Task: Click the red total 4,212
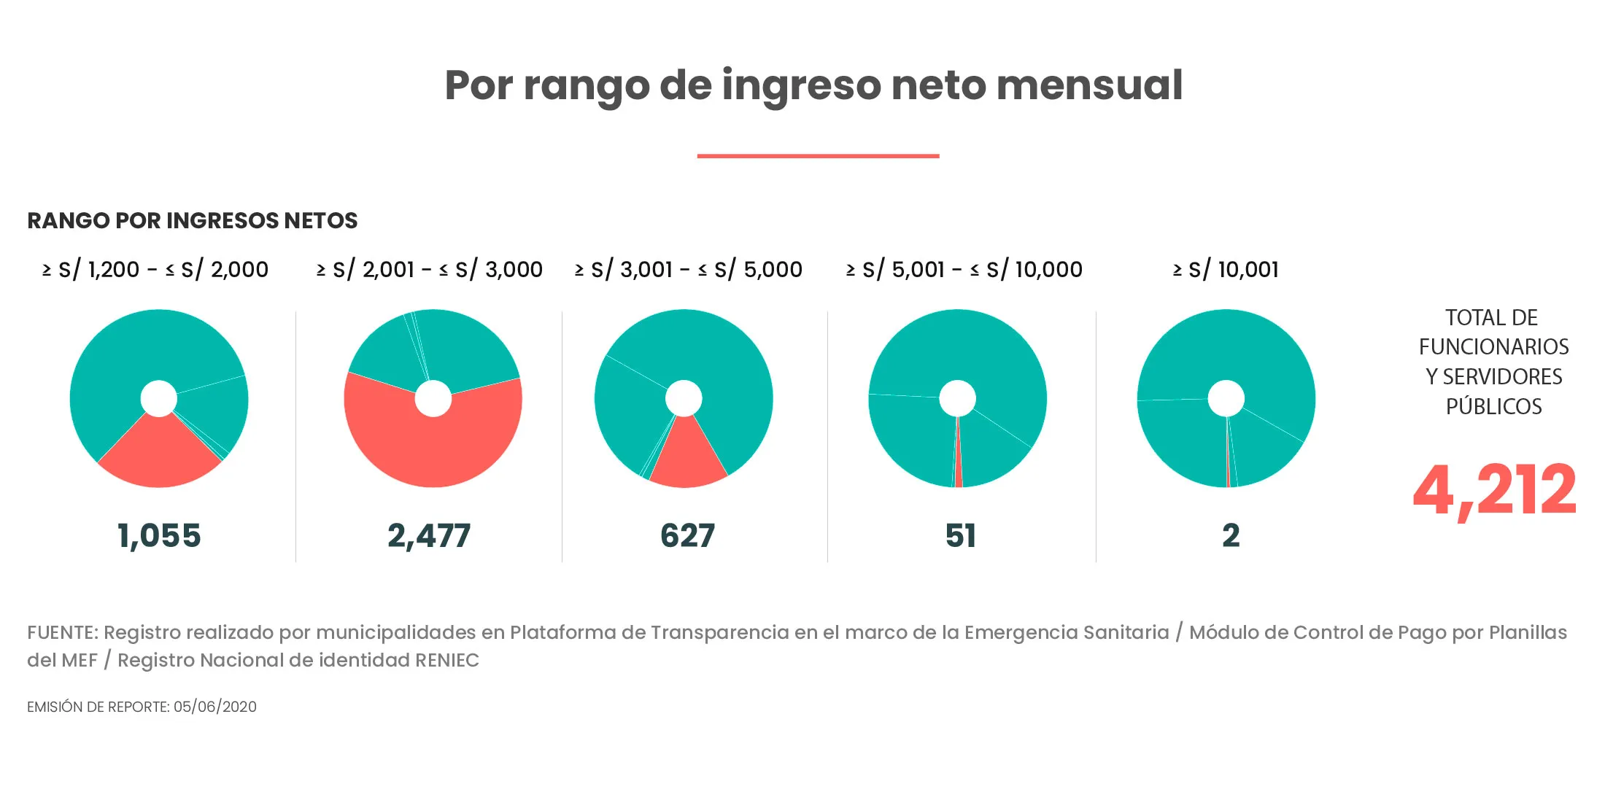1494,491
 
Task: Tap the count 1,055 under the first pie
159,536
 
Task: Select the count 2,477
429,536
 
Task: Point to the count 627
687,536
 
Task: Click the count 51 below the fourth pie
960,536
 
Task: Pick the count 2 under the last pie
1231,536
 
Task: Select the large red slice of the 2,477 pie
433,449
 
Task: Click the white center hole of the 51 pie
957,398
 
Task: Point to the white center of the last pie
1226,398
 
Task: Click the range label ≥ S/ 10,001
1226,270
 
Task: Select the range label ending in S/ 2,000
155,270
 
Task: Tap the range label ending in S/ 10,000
964,270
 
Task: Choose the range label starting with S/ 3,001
688,270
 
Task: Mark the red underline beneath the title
818,155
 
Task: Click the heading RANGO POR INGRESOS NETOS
193,220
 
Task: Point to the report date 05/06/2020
215,707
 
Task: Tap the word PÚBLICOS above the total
1494,406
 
